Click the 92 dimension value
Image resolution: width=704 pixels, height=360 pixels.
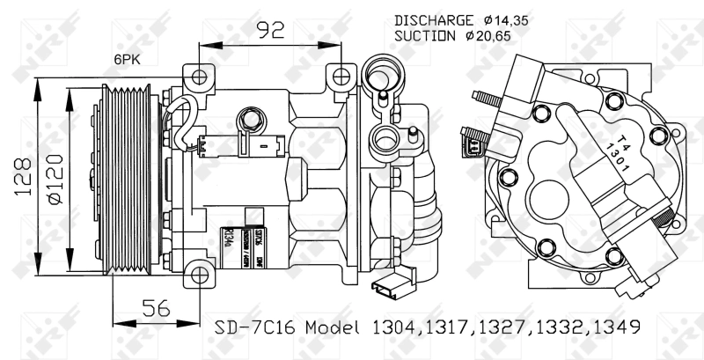[270, 31]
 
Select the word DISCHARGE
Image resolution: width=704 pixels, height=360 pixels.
[433, 19]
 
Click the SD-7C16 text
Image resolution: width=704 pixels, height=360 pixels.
[252, 327]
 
